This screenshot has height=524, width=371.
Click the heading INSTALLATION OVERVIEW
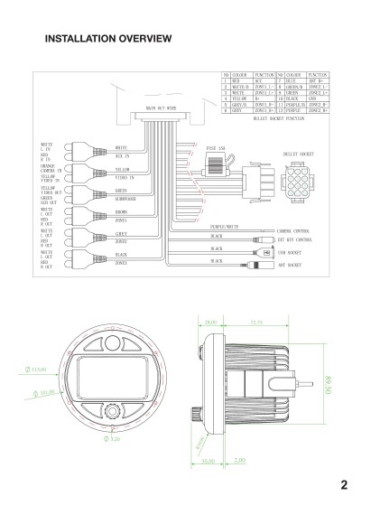107,39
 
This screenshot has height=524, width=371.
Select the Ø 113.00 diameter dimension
37,369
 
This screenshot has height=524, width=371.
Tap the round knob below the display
110,409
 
